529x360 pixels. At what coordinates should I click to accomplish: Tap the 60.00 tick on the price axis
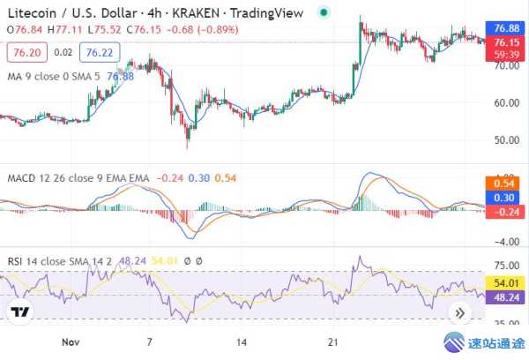[504, 102]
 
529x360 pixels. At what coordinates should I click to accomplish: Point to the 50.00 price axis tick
[504, 140]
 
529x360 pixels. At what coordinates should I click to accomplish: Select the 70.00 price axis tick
[504, 64]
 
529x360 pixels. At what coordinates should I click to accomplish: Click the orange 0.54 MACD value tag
[505, 184]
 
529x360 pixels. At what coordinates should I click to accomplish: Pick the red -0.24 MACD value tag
[505, 212]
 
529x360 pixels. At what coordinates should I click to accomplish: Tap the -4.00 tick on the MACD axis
[504, 242]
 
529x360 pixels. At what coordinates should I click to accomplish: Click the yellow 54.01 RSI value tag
[505, 282]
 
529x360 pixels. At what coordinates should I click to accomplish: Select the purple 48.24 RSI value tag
[505, 297]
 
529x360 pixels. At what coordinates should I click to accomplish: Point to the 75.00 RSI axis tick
[504, 264]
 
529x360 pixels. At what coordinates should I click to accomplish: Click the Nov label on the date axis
[73, 340]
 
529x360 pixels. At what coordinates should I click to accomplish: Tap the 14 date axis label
[242, 340]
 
